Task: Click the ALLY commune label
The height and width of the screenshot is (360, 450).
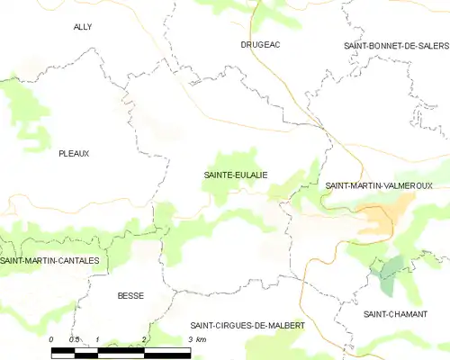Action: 83,27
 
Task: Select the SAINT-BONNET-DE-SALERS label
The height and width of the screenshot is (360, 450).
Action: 395,45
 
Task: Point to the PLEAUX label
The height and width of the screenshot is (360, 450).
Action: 74,153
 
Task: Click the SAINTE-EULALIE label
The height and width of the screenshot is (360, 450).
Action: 236,175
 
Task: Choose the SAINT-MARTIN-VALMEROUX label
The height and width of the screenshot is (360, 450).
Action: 379,185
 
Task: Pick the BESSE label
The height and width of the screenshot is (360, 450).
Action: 130,295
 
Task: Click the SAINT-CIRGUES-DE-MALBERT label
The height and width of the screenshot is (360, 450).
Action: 247,325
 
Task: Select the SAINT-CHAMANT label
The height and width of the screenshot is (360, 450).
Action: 395,314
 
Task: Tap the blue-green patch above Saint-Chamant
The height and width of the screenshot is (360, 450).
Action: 390,274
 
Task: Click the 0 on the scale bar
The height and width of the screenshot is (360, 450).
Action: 51,339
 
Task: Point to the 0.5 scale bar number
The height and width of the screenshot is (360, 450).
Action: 74,339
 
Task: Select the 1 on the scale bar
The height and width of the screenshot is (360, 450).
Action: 97,339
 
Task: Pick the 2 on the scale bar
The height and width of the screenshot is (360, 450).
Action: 144,339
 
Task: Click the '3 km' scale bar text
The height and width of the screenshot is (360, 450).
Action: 197,339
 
